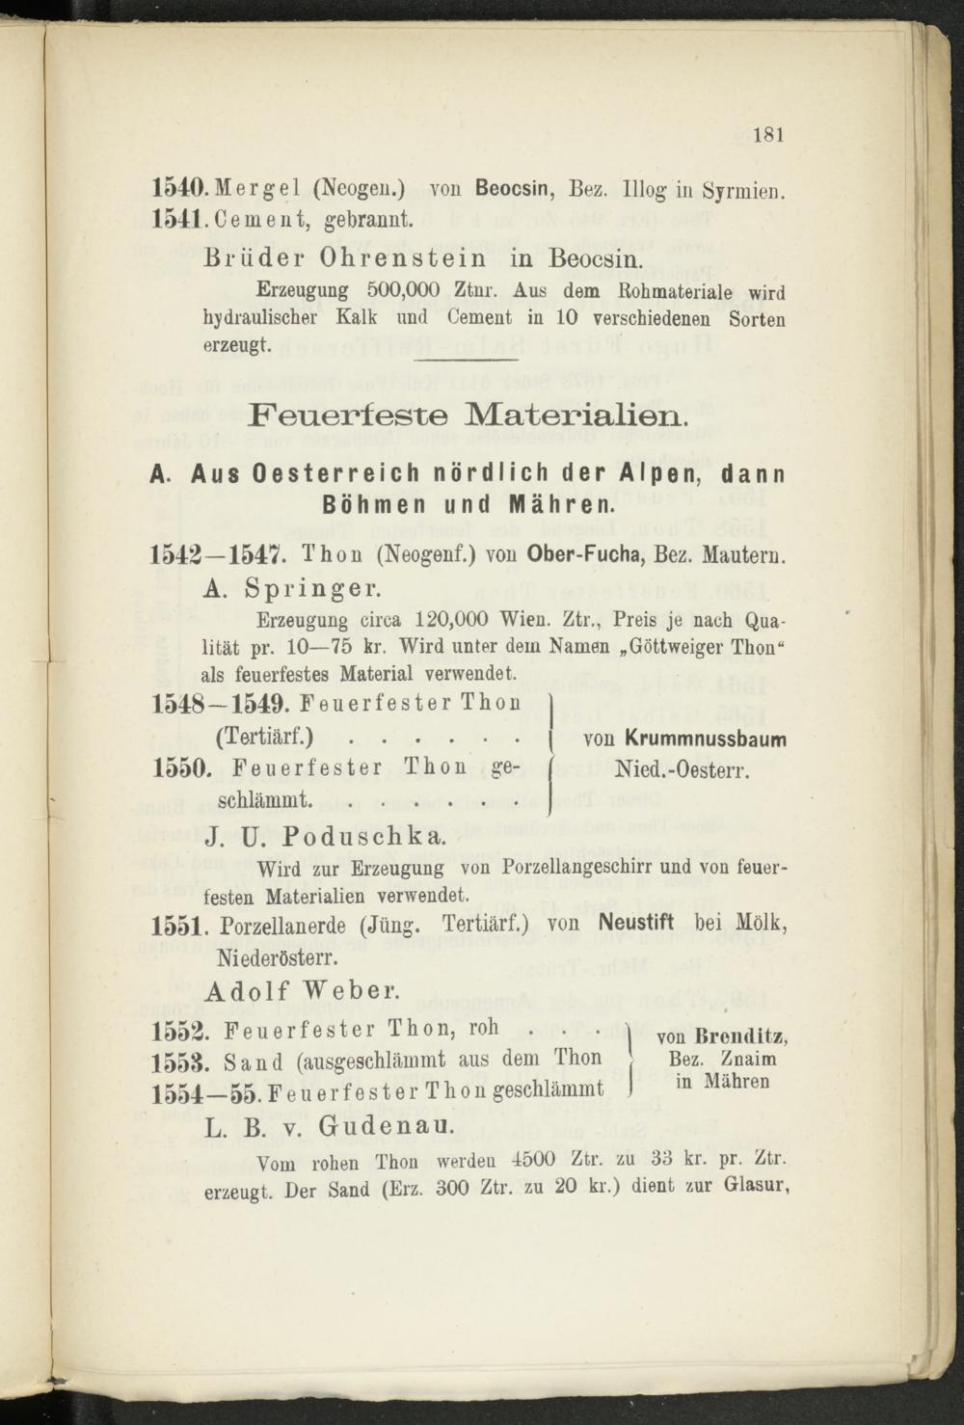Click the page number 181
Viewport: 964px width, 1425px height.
tap(767, 134)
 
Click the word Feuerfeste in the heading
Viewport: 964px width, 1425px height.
tap(346, 418)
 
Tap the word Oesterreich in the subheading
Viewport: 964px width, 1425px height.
tap(335, 474)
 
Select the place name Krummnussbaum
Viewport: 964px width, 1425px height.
tap(706, 740)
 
